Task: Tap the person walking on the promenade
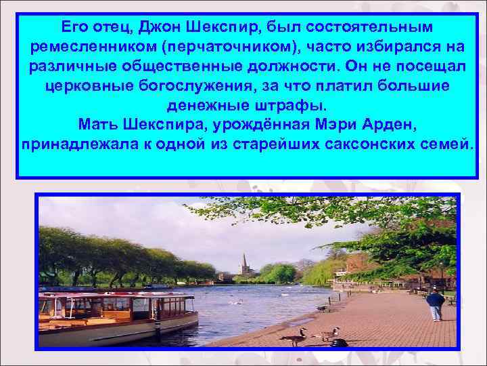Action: click(435, 304)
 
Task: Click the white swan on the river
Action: click(235, 302)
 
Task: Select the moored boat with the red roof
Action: click(115, 315)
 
